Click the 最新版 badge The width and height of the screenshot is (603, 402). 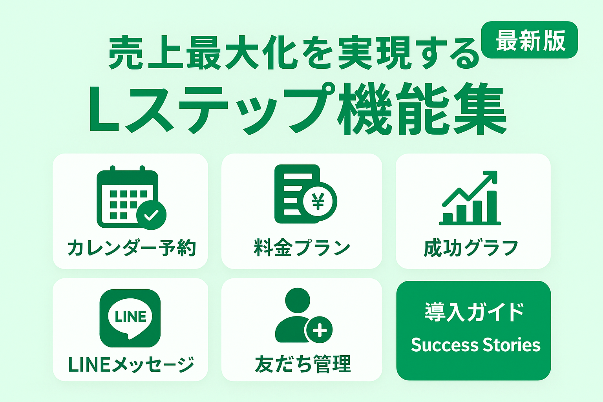coord(529,40)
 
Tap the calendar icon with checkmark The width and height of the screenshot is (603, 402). coord(132,197)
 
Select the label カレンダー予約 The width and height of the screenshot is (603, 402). coord(132,248)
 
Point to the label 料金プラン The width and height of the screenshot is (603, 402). coord(302,248)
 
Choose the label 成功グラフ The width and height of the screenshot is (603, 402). coord(471,248)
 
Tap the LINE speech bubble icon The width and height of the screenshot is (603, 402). coord(130,318)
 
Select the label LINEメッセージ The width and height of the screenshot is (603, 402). coord(132,364)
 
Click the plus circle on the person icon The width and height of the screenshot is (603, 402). coord(320,330)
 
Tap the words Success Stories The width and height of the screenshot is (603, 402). coord(476,345)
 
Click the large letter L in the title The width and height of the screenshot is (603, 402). coord(104,110)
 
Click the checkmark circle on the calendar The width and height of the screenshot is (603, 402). coord(151,215)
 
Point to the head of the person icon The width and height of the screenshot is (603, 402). coord(298,300)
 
